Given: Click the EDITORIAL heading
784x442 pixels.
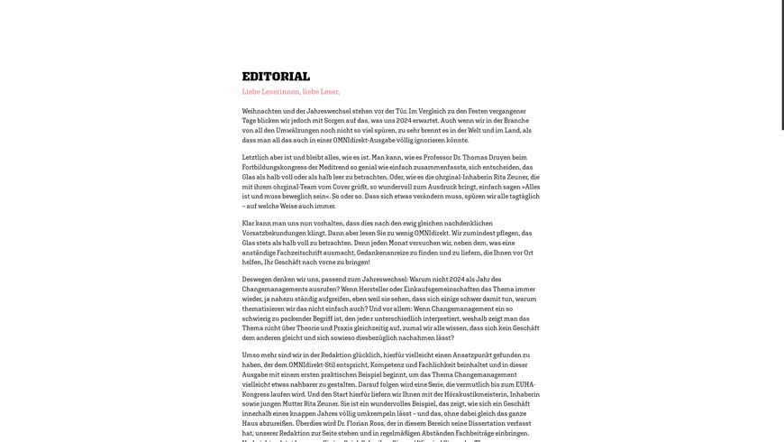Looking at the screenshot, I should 276,77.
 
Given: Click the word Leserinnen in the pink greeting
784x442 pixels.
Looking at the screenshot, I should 281,92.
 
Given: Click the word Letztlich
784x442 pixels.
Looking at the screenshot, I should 257,158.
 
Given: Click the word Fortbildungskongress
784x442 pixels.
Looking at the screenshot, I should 275,167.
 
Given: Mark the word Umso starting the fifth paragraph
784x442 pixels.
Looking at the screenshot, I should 251,355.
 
